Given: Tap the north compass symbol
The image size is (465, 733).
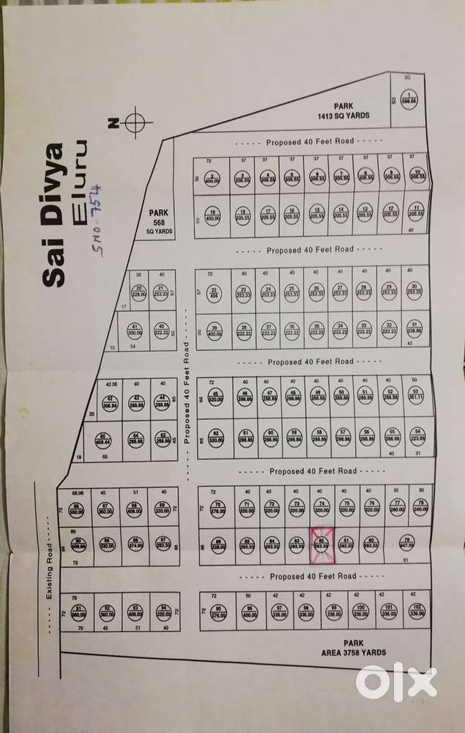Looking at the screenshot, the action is coord(135,123).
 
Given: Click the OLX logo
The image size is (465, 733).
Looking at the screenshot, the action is coord(396,682).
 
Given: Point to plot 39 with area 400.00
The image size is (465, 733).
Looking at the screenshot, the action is coord(214,329).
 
